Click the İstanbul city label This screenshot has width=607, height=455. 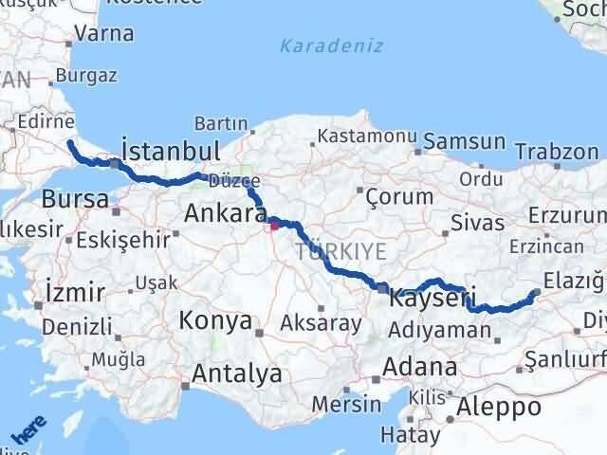coord(172,151)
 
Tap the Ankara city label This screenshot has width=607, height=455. coord(225,210)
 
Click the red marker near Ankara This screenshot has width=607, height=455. coord(275,225)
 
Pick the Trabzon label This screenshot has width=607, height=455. coord(558,151)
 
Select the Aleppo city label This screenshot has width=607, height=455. coord(498,407)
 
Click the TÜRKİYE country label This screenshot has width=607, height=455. coord(340,251)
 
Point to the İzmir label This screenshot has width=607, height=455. coord(73,291)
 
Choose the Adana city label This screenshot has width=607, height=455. coord(420,367)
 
